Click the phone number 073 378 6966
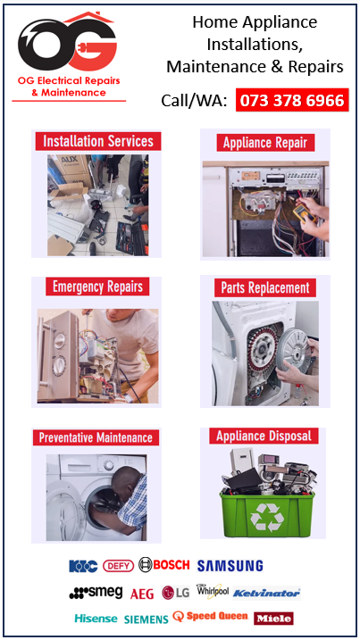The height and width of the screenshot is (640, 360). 292,100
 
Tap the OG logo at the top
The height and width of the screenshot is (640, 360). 68,42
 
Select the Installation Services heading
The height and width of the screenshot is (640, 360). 98,141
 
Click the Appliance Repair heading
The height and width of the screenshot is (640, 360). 264,143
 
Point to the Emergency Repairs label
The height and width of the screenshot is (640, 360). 97,287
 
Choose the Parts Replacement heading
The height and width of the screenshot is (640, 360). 265,287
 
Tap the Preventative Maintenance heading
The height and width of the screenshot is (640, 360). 96,437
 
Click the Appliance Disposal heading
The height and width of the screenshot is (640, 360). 264,436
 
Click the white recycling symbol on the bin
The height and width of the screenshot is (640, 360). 267,517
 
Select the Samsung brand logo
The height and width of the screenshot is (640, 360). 230,566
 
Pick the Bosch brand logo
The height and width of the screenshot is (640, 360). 163,565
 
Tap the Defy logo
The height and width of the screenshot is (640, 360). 118,566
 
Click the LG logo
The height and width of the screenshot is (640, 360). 176,593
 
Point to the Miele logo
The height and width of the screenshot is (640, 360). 273,619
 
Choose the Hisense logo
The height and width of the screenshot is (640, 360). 96,619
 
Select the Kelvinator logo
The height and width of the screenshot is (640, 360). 266,593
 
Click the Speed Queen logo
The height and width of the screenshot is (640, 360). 210,616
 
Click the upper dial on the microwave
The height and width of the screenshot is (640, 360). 60,339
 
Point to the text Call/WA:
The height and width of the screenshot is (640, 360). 194,100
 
